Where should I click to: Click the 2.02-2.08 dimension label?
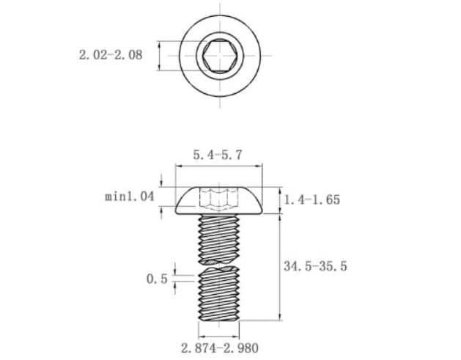tap(111, 55)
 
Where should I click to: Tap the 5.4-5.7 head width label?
tap(218, 155)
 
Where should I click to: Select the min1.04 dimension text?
tap(130, 196)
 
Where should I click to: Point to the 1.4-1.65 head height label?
tap(312, 199)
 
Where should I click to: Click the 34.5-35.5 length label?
tap(315, 266)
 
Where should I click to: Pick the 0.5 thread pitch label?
tap(157, 279)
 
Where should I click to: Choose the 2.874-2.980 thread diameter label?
tap(220, 348)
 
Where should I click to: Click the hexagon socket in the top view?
tap(220, 56)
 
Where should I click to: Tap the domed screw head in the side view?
tap(218, 201)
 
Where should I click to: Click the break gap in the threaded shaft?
tap(218, 265)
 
